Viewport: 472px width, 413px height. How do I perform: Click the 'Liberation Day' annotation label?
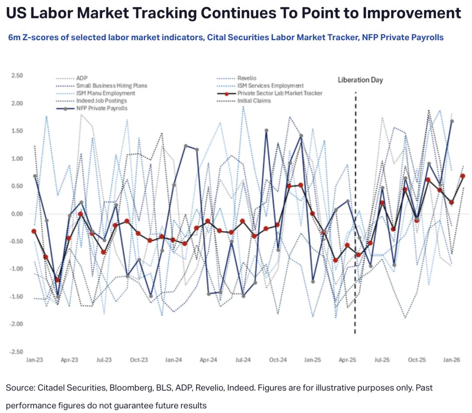[x=360, y=80]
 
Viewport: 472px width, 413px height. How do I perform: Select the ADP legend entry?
[x=82, y=78]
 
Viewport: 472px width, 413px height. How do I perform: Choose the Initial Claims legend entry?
[x=254, y=101]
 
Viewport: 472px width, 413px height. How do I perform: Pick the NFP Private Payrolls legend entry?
[x=102, y=108]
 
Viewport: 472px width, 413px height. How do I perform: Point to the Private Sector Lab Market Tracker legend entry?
[x=280, y=93]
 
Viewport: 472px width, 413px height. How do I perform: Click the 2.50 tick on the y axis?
[x=16, y=76]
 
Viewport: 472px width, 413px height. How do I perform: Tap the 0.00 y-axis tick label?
[x=16, y=214]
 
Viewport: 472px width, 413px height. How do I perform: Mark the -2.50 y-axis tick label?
[x=15, y=351]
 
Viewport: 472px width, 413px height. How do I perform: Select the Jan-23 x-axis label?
[x=35, y=360]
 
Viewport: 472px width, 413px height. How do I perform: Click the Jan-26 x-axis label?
[x=451, y=360]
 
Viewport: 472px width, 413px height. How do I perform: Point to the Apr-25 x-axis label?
[x=347, y=360]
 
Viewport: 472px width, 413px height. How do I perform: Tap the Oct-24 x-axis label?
[x=278, y=360]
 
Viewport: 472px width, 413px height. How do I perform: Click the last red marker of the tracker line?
[x=463, y=176]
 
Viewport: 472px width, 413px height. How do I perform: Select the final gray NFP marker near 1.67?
[x=452, y=121]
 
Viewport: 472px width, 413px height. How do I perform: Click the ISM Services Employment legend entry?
[x=270, y=86]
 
